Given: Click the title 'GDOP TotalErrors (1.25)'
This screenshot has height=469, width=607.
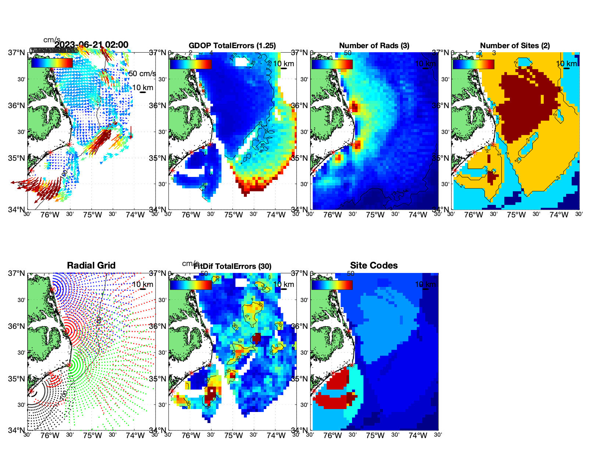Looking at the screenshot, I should click(x=232, y=46).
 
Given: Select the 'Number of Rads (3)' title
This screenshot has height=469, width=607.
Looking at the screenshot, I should click(x=374, y=46).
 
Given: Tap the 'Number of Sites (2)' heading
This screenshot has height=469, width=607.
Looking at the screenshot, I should click(x=515, y=46).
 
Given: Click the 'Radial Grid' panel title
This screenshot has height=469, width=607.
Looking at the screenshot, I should click(x=91, y=266).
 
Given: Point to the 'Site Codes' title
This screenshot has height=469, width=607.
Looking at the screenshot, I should click(x=374, y=266).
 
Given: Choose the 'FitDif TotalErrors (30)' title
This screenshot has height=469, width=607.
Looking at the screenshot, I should click(x=232, y=266).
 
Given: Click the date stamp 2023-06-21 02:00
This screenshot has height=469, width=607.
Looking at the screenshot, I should click(x=92, y=45).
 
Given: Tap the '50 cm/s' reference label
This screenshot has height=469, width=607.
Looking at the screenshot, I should click(x=142, y=74).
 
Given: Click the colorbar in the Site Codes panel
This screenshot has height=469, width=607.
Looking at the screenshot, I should click(x=332, y=285).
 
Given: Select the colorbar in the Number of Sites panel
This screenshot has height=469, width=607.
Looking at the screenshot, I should click(x=473, y=64).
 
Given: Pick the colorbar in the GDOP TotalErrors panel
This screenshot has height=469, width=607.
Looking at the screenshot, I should click(x=191, y=64).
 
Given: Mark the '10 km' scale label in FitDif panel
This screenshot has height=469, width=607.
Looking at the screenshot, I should click(x=283, y=284).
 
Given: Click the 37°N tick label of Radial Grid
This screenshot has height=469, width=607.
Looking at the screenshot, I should click(x=17, y=273).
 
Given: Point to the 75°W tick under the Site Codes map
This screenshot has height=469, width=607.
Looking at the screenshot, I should click(x=375, y=436).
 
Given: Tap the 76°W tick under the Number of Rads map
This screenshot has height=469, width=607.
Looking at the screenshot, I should click(x=332, y=215).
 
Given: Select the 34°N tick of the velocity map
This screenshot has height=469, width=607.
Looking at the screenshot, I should click(x=17, y=210).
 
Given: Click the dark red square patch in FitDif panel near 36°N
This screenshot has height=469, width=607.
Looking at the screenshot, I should click(x=256, y=338).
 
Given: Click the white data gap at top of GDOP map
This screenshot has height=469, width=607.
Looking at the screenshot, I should click(x=242, y=61).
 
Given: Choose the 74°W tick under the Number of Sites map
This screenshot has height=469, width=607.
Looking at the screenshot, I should click(x=558, y=215).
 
